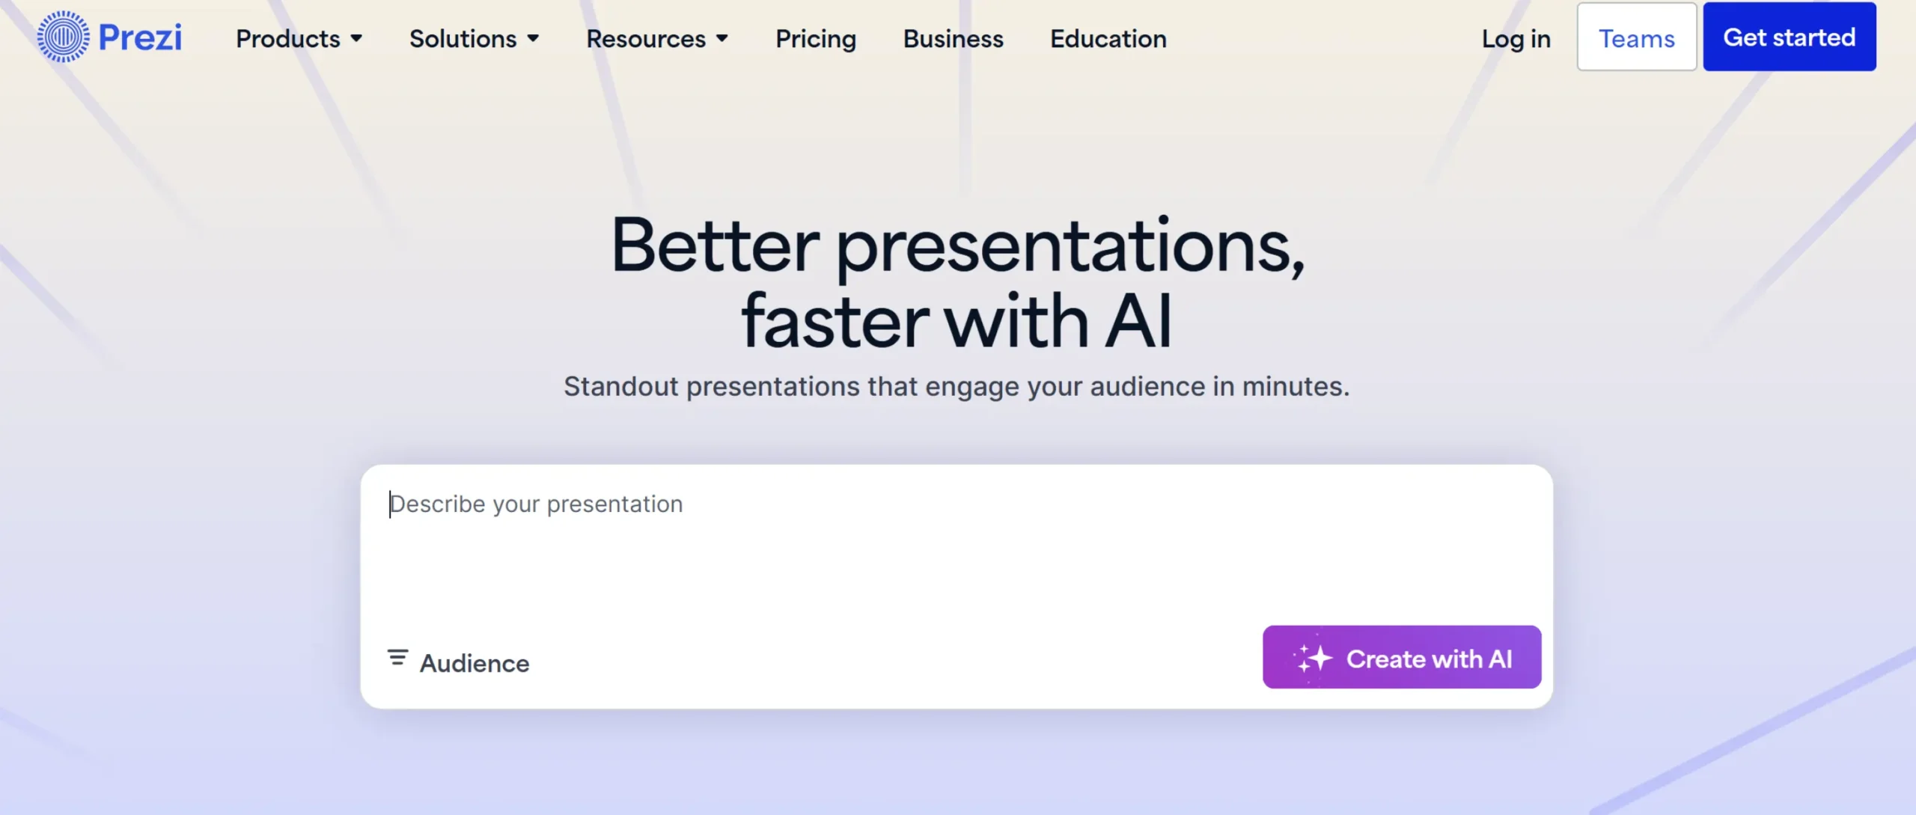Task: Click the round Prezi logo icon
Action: (64, 37)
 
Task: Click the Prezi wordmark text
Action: (140, 37)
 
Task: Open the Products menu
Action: (288, 39)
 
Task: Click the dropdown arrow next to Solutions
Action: (533, 38)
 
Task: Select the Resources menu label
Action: (645, 39)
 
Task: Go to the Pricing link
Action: (815, 39)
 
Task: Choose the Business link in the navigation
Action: (953, 39)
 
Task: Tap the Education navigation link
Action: (1108, 39)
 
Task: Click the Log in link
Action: (1516, 39)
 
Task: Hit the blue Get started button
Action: (1789, 37)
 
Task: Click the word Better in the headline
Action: (715, 245)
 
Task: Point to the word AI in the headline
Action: (1138, 322)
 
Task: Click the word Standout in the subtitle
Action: (620, 387)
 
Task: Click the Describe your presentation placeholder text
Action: (537, 504)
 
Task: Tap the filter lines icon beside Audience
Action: (397, 658)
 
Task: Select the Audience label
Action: (475, 664)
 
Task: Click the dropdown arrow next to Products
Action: (357, 38)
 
